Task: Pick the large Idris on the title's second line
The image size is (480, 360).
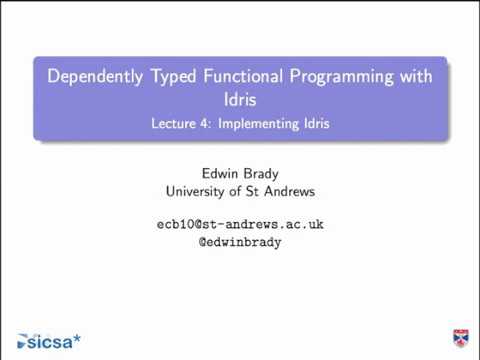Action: coord(240,100)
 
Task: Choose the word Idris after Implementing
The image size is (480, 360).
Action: coord(313,125)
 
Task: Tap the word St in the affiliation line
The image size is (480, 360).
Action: coord(261,191)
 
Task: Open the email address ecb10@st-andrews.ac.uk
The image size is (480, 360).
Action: coord(240,224)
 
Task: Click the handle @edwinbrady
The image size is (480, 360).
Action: coord(240,242)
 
